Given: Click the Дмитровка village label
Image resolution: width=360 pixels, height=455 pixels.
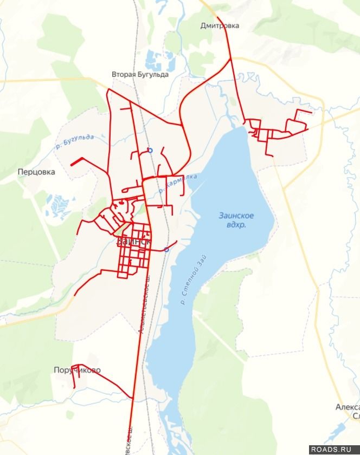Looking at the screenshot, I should [220, 25].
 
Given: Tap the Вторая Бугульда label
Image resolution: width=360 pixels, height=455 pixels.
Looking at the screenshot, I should [140, 75].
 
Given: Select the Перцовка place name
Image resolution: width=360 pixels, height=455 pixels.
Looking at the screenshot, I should [36, 172].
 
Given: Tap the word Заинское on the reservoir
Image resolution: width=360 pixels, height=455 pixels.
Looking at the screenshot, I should [236, 215].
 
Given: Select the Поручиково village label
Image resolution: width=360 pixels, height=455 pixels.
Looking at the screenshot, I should [77, 370].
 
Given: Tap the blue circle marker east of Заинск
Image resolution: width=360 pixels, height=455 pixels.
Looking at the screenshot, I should [166, 250].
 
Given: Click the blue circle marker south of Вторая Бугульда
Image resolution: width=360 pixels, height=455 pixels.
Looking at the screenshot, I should [150, 151].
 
